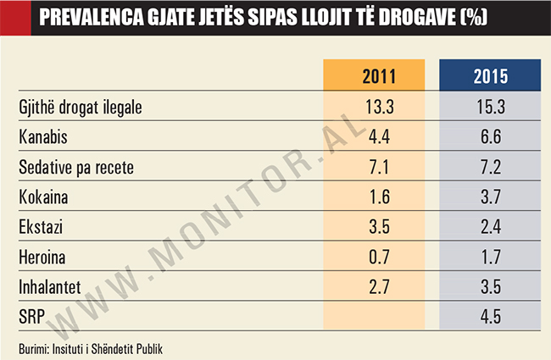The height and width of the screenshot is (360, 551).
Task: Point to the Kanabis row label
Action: (x=42, y=136)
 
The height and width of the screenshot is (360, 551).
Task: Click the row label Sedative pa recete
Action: (x=76, y=167)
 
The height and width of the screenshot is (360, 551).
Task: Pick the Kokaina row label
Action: (x=43, y=197)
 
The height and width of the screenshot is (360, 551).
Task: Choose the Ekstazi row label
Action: (x=40, y=227)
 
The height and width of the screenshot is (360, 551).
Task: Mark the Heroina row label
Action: (x=42, y=258)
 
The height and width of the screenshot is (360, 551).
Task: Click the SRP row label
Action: (x=31, y=318)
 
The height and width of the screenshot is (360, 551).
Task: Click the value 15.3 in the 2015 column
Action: (x=491, y=107)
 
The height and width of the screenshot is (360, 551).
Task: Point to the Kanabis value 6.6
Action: (x=491, y=136)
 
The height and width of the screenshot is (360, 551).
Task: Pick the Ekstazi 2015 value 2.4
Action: (x=491, y=227)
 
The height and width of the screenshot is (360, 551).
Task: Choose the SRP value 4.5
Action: (x=491, y=318)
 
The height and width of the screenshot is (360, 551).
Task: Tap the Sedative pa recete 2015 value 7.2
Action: (x=491, y=167)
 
